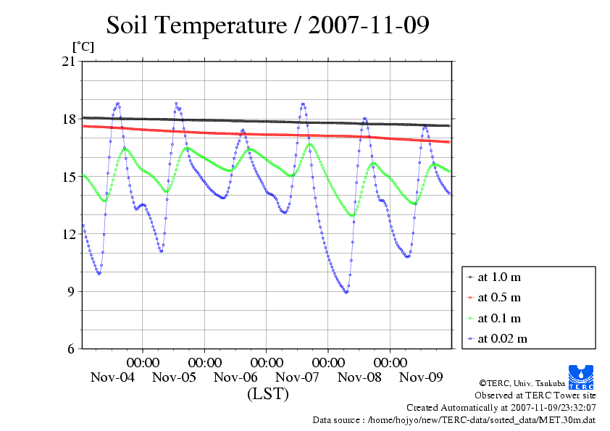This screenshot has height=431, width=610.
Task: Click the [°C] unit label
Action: [83, 46]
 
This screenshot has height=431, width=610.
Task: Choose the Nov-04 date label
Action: [112, 377]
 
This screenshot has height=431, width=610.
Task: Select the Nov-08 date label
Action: [359, 377]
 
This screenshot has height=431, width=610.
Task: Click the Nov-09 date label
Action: [421, 377]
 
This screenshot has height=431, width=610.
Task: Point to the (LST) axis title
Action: [267, 394]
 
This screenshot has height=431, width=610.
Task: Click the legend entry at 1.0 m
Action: [499, 277]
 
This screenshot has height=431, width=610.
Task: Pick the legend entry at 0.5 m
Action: [499, 297]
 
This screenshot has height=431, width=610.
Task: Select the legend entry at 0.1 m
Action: [499, 318]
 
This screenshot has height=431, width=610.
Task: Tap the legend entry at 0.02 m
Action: [502, 338]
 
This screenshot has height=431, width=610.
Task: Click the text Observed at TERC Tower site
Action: [535, 396]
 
